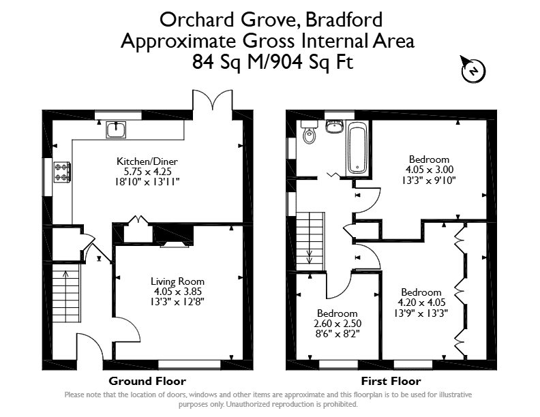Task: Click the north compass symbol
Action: click(x=473, y=70)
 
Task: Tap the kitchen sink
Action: click(x=116, y=129)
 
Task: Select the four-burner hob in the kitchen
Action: click(x=62, y=172)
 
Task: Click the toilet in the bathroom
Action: click(x=309, y=132)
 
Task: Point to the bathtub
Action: click(x=357, y=149)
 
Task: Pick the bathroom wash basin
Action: click(x=333, y=126)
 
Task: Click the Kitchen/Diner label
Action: click(x=147, y=161)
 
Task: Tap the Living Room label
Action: click(x=177, y=281)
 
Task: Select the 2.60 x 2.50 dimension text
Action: click(x=337, y=324)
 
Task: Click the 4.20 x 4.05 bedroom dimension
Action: click(x=421, y=303)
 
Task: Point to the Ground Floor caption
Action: click(x=147, y=381)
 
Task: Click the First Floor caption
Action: click(x=391, y=381)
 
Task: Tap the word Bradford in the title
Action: click(x=344, y=20)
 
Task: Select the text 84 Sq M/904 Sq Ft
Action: click(x=273, y=62)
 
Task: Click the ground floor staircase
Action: click(x=66, y=293)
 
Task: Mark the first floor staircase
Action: click(x=310, y=241)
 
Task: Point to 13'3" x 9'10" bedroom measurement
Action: click(x=429, y=181)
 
